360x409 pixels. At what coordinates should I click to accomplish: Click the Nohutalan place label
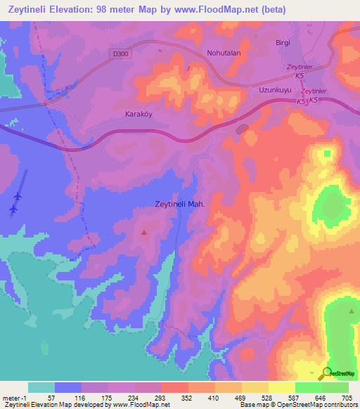224,53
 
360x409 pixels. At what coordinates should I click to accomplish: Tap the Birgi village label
283,43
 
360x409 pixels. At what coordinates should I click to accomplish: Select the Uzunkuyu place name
275,91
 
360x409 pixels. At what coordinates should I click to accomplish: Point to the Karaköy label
139,114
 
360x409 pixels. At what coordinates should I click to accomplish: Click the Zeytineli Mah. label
179,204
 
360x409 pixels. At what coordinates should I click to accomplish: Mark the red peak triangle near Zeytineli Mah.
145,231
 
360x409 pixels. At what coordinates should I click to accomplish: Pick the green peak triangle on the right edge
352,309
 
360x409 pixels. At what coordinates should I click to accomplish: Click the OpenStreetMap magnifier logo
327,374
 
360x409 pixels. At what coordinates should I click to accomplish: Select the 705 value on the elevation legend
347,398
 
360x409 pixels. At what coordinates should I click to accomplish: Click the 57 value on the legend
51,398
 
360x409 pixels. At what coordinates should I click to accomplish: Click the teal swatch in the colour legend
41,387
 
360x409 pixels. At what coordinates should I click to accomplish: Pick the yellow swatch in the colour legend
255,387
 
